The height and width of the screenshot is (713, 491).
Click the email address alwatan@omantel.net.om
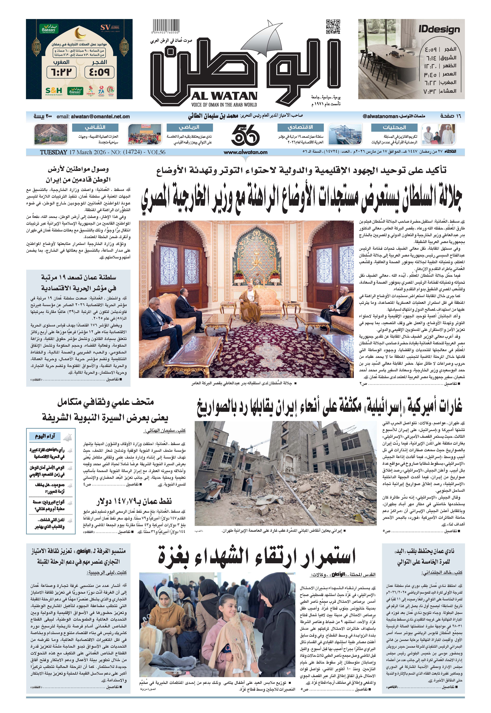pos(100,117)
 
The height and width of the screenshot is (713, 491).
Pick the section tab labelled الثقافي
pos(95,127)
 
